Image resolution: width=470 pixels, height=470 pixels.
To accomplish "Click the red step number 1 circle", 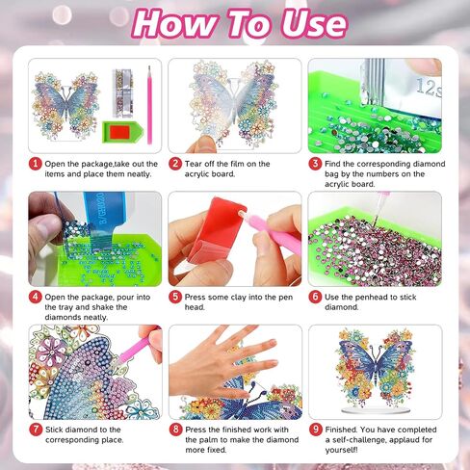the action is point(35,164).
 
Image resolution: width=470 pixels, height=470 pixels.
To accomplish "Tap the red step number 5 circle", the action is point(175,297).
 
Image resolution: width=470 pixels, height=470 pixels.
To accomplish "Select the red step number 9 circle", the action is point(315,430).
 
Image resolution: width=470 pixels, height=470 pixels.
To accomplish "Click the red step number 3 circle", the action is point(315,164).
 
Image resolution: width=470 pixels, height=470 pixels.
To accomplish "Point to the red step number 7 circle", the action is point(36,430).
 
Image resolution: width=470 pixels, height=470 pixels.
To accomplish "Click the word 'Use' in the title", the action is point(314,24).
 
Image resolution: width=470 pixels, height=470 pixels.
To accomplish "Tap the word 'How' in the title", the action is point(175,24).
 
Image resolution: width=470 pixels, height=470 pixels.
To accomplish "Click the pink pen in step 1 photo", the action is point(149,105).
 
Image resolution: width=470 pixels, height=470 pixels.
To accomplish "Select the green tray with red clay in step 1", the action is point(122,132).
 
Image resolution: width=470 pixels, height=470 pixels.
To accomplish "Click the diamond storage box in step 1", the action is point(122,92).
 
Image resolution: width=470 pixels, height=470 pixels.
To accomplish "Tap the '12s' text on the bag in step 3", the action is point(429,88).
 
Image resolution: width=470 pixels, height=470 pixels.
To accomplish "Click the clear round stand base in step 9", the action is point(376,410).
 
